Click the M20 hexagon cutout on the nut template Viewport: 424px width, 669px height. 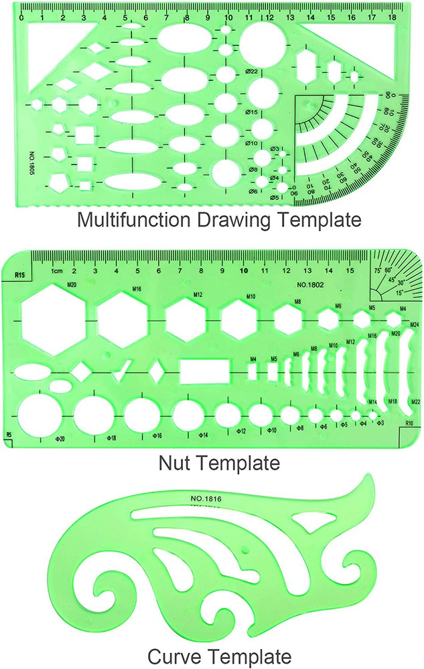coord(54,318)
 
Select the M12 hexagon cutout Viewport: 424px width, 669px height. coord(186,318)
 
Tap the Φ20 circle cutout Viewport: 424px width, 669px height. coord(40,413)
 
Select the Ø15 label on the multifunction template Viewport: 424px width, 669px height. coord(252,112)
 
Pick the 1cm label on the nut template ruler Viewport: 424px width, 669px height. coord(56,271)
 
